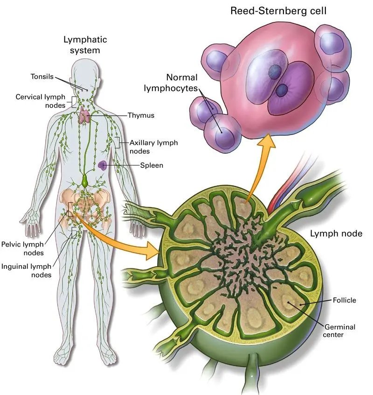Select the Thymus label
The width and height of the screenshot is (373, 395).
pos(142,115)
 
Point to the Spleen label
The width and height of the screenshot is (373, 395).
pos(152,165)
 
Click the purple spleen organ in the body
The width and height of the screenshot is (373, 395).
pos(103,165)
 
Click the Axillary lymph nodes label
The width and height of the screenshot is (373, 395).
pos(153,147)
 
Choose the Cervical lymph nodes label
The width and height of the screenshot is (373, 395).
pos(41,101)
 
